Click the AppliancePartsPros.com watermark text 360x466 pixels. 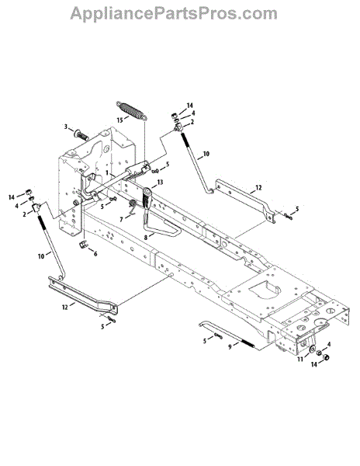pos(174,14)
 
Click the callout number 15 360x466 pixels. pos(120,120)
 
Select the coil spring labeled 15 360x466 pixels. pos(131,110)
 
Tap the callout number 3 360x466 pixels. pos(66,127)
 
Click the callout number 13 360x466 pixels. pos(161,182)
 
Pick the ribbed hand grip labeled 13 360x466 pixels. pos(147,200)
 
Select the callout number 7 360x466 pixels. pos(121,220)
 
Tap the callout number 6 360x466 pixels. pos(95,254)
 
